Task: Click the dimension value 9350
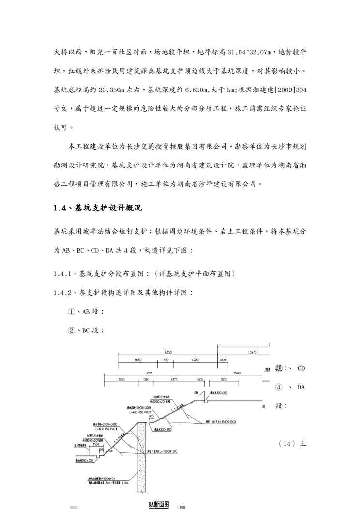pyautogui.click(x=168, y=353)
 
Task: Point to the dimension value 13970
pyautogui.click(x=251, y=353)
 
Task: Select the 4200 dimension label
pyautogui.click(x=195, y=360)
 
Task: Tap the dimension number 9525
pyautogui.click(x=150, y=373)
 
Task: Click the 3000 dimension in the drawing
pyautogui.click(x=224, y=380)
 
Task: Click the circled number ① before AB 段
pyautogui.click(x=71, y=312)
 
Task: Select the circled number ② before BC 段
pyautogui.click(x=71, y=331)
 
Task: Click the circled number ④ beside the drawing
pyautogui.click(x=278, y=387)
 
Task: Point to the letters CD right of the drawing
pyautogui.click(x=301, y=368)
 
